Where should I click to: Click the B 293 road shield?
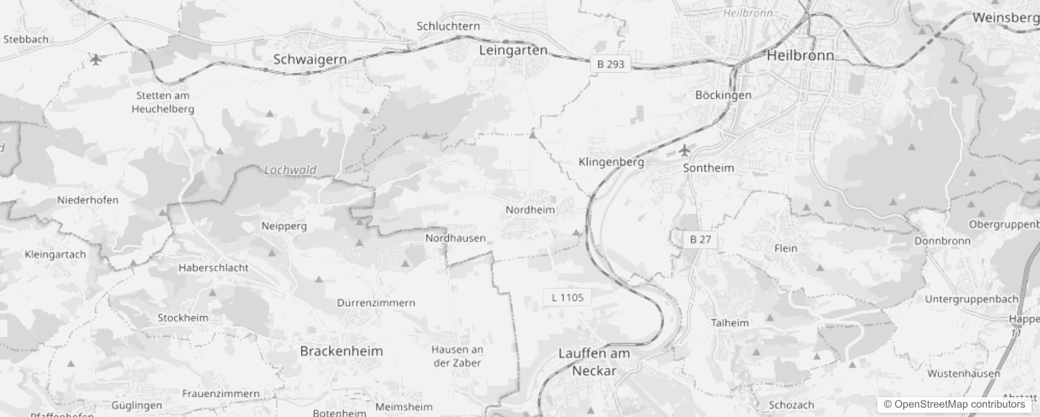611,64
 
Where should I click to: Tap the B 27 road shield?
700,239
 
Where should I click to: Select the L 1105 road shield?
567,298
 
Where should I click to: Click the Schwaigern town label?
310,59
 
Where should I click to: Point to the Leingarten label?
513,50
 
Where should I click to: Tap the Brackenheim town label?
341,351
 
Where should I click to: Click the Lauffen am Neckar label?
595,362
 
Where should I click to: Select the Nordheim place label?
530,210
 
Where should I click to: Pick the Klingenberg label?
611,162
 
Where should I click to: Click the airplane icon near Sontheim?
684,151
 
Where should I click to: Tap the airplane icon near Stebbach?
95,59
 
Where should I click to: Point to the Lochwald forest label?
290,170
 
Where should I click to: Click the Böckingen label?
723,95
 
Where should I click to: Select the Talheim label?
729,323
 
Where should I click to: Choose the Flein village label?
786,248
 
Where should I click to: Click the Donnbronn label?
943,241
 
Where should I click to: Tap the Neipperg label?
284,226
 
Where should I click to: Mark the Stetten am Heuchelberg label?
163,102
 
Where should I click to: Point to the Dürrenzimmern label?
376,303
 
